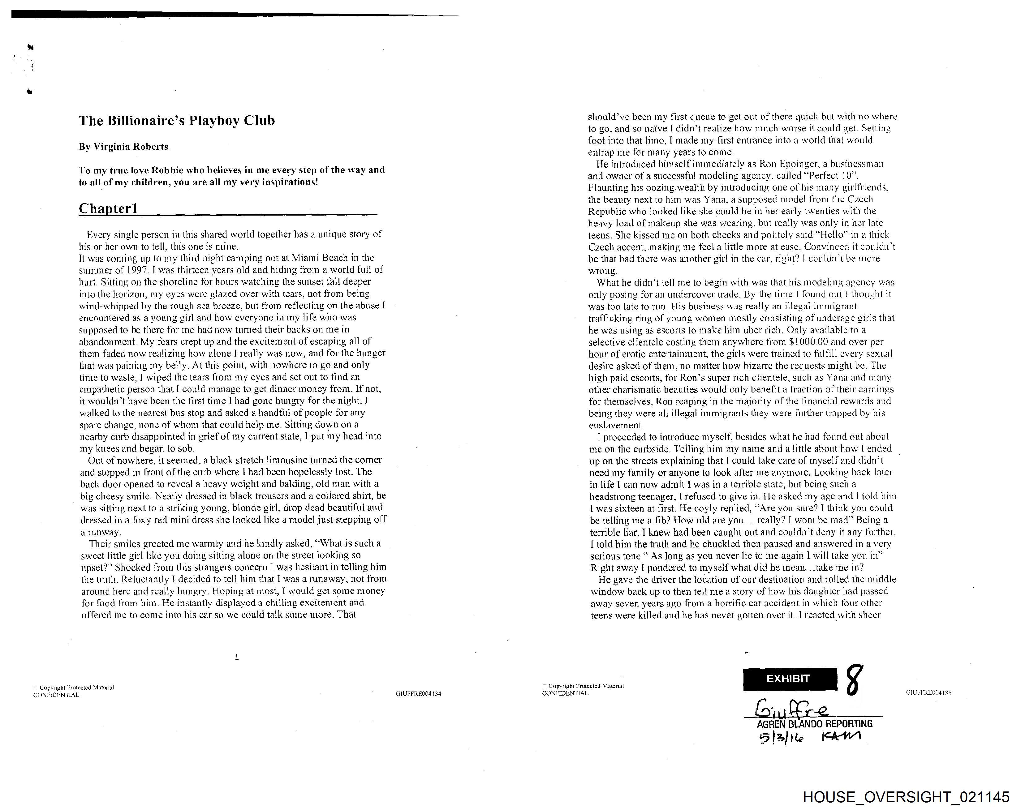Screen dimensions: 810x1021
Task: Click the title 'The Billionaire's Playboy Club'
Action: click(x=177, y=121)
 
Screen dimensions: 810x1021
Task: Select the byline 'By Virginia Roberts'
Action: click(x=123, y=147)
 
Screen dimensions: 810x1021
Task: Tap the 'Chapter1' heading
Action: click(x=109, y=208)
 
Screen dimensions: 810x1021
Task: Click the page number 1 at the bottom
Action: click(x=237, y=657)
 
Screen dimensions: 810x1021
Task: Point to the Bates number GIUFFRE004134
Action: click(x=418, y=694)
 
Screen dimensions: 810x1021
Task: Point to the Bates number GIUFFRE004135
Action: click(x=928, y=692)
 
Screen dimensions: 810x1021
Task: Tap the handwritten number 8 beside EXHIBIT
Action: click(x=853, y=680)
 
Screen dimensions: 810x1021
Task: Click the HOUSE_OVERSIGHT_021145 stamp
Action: click(x=906, y=797)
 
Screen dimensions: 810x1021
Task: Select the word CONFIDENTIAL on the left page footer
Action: click(x=56, y=695)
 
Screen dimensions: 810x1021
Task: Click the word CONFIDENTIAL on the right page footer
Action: click(x=565, y=693)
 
